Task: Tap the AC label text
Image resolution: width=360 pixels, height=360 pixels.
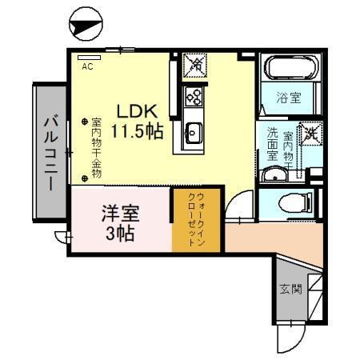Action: (x=87, y=67)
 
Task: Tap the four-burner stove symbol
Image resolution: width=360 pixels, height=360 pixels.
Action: (x=194, y=96)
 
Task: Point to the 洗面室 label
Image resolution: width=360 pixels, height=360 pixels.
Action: (x=273, y=144)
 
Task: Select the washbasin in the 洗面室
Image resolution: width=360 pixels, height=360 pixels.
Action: (x=277, y=175)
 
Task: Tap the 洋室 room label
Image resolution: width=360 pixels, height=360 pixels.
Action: (x=119, y=214)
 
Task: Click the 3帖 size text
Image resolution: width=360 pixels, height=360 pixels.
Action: (x=119, y=234)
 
